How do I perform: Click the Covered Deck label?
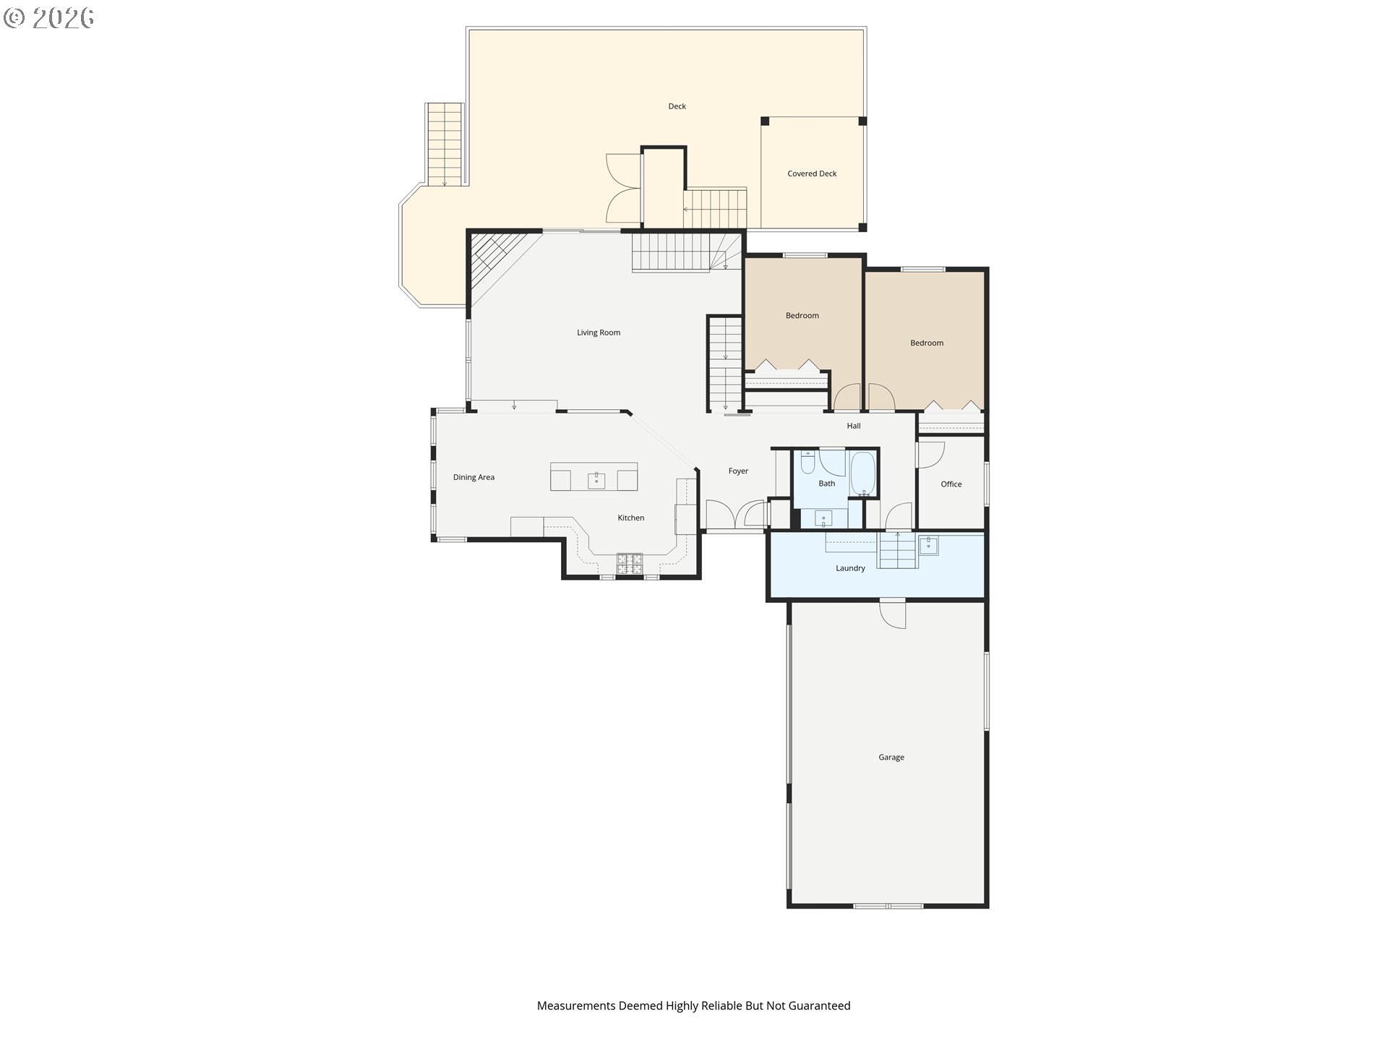[x=812, y=173]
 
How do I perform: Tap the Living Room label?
[x=599, y=333]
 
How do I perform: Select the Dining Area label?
[x=474, y=477]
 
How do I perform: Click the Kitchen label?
[x=630, y=518]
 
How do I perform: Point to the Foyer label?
[x=738, y=471]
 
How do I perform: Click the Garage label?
[x=891, y=758]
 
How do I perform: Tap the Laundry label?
[x=850, y=568]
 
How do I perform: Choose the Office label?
[x=951, y=484]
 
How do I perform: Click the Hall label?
[x=854, y=426]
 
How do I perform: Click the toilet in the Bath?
[x=808, y=462]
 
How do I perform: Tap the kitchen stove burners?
[x=629, y=564]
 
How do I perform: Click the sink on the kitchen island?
[x=596, y=479]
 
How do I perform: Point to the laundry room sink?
[x=928, y=545]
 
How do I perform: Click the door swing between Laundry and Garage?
[x=893, y=614]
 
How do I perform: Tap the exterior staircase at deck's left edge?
[x=444, y=145]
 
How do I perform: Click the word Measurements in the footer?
[x=575, y=1006]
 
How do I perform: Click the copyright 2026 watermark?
[x=48, y=18]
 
